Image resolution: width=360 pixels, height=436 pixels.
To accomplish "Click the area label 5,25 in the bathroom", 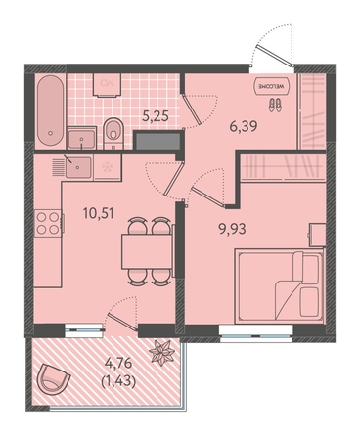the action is point(156,115).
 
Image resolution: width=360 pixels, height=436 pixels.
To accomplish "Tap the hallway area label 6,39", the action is point(244,126).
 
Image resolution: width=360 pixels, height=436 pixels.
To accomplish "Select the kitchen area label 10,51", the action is point(98,213).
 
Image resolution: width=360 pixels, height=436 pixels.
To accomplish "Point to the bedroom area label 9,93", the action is point(232,229).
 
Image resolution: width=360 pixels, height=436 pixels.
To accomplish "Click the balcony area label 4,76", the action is point(118,363).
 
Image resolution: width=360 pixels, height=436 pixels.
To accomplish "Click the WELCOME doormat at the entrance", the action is point(273,86).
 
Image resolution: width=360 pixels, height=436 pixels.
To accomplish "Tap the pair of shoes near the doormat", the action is point(275,106).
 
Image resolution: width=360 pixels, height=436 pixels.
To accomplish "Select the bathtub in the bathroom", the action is point(50,111).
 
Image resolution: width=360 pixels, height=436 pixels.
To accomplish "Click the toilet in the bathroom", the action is point(113,133).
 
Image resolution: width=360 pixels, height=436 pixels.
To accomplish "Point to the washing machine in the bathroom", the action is point(107,85).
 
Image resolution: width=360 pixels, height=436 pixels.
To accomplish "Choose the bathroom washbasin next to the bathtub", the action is point(81,138).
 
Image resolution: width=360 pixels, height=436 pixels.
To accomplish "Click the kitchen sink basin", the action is point(77,167).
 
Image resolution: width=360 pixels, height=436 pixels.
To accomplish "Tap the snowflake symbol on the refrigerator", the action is point(107,167).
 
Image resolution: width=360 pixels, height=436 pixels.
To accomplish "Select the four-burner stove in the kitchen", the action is point(48,223).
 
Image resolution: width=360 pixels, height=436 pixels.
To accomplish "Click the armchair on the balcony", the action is point(54,380).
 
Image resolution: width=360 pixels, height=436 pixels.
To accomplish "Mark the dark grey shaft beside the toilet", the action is point(157,140).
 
